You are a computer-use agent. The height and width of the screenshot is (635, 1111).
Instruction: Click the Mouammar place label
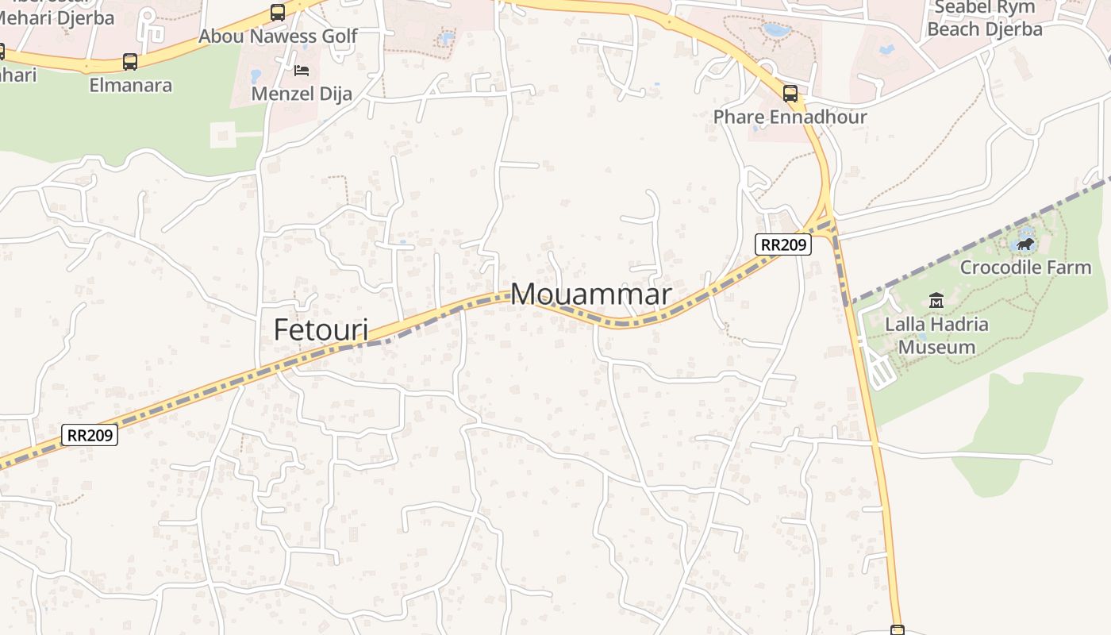[591, 294]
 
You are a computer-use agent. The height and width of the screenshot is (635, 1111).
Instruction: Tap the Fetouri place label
[321, 329]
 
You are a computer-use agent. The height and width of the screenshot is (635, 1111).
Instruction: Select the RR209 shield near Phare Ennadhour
[782, 244]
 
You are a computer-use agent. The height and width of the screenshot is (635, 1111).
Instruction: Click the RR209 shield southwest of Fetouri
[90, 435]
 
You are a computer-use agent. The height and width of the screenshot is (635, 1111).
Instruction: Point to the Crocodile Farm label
[1025, 267]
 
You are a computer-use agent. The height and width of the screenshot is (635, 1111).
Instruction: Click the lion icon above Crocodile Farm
[1025, 244]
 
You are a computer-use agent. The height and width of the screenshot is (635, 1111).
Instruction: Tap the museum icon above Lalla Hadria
[936, 301]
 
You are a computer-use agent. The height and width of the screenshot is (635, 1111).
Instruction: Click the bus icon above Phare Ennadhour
[790, 94]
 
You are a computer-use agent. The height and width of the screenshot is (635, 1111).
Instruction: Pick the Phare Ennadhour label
[790, 117]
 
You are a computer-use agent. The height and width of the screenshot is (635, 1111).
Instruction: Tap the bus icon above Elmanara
[130, 61]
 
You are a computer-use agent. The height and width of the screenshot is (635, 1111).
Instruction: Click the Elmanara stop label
[130, 85]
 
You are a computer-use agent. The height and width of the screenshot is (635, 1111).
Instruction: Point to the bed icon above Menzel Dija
[302, 71]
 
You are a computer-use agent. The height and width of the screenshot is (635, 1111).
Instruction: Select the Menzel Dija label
[302, 94]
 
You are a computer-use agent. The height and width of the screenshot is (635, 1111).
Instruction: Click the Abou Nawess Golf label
[278, 37]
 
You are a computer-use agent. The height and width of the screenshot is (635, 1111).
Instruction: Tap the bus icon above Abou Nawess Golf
[278, 13]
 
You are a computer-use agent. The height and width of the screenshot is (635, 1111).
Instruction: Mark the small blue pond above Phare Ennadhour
[776, 31]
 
